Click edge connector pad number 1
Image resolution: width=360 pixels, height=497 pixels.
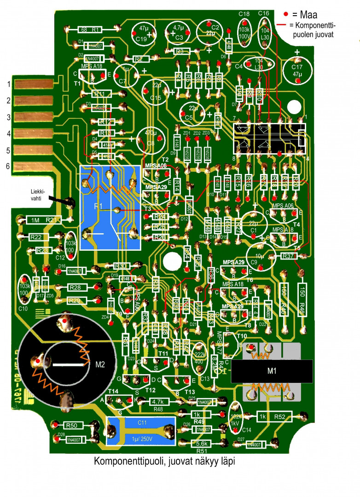pyautogui.click(x=35, y=84)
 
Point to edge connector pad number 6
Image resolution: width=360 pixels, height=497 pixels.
pyautogui.click(x=35, y=167)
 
